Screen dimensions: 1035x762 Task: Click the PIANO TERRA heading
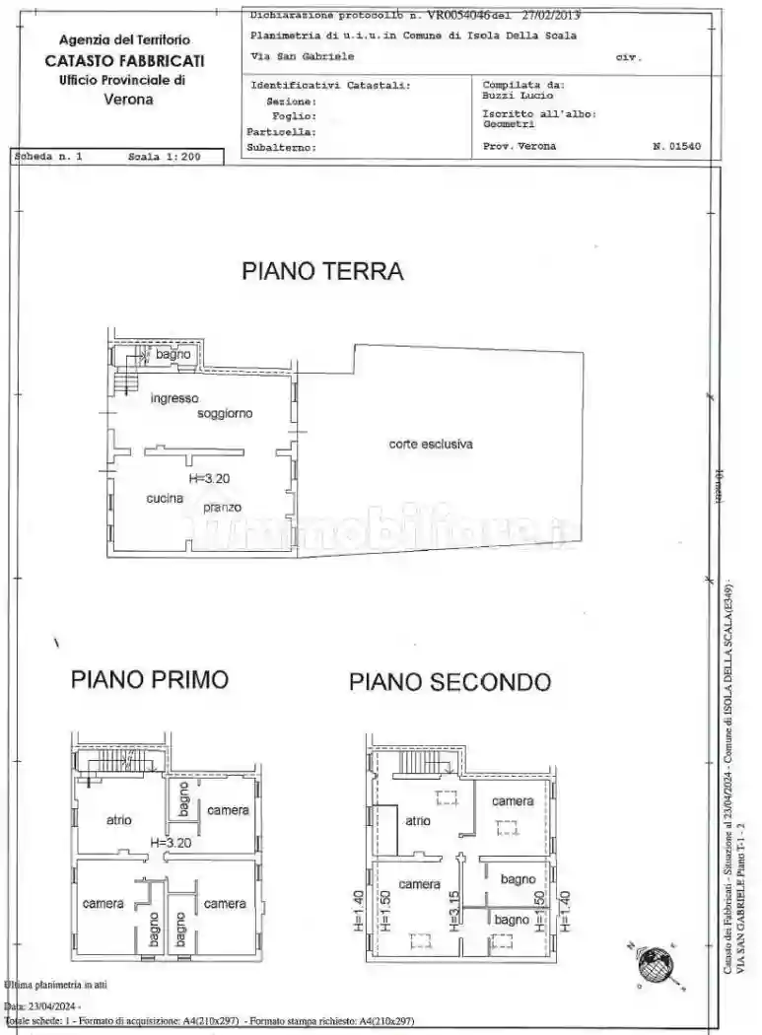click(x=322, y=272)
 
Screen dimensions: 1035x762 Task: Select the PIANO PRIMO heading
click(x=150, y=679)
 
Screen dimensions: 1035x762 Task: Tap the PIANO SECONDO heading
click(x=450, y=681)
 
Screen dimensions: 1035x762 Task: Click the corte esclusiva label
click(x=431, y=445)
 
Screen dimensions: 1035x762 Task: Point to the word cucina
click(x=165, y=499)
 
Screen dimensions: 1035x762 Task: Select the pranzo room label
click(x=223, y=508)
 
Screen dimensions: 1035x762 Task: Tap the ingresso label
click(x=174, y=398)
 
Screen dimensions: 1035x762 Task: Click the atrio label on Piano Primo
click(x=119, y=819)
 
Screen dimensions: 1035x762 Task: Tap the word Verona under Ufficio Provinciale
click(x=128, y=99)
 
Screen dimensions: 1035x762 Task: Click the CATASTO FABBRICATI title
click(x=124, y=60)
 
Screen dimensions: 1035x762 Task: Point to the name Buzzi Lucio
click(x=518, y=97)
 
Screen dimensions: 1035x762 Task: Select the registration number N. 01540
click(x=676, y=146)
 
